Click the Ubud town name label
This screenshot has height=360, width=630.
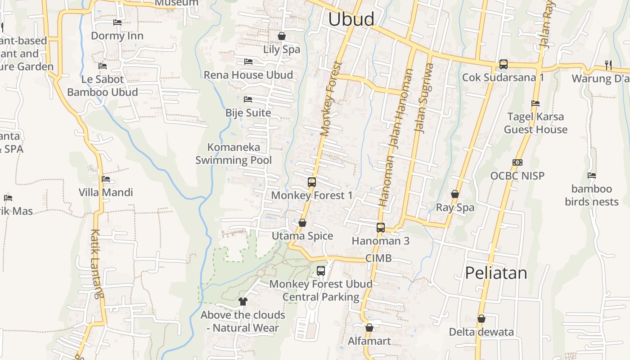(351, 19)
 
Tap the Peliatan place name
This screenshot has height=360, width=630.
(496, 273)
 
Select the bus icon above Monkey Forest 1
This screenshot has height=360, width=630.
(312, 182)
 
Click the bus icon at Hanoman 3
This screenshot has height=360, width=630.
(381, 228)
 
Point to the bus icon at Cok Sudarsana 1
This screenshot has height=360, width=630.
(504, 64)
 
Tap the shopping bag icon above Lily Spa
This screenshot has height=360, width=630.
(282, 36)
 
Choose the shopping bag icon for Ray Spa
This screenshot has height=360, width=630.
(455, 194)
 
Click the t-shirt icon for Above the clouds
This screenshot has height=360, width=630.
(243, 301)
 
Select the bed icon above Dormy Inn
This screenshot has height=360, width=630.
(117, 22)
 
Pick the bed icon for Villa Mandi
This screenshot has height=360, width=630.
(106, 179)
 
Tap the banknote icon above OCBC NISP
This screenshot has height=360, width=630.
(517, 162)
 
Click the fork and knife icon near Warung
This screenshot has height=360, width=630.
(608, 65)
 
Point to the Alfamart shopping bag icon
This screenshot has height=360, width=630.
(369, 328)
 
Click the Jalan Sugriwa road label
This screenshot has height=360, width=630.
(424, 98)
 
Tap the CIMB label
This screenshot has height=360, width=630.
(378, 258)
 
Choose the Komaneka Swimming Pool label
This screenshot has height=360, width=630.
(234, 153)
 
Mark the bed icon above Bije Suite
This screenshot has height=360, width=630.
(248, 99)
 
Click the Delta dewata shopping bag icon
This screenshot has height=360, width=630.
(481, 319)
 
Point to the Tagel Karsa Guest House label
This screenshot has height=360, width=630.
(535, 123)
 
